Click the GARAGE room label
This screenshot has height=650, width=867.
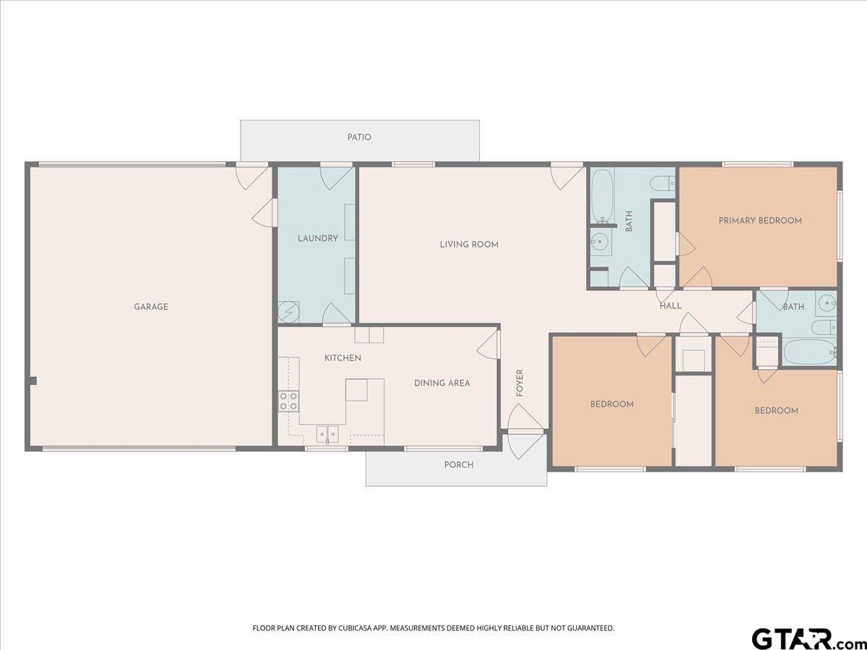tap(151, 307)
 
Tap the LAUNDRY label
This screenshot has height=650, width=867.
tap(318, 238)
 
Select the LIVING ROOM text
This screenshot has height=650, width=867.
tap(469, 244)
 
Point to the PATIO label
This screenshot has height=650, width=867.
tap(359, 137)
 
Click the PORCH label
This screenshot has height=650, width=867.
tap(459, 464)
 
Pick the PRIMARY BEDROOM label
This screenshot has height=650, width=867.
tap(760, 220)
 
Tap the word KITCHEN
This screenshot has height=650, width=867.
tap(343, 358)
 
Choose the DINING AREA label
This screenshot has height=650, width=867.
tap(442, 383)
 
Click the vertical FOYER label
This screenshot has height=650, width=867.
tap(519, 383)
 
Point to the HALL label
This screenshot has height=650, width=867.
tap(670, 305)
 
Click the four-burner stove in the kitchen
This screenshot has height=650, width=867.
tap(288, 402)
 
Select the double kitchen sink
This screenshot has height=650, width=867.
tap(327, 434)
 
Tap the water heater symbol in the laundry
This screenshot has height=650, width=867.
tap(288, 312)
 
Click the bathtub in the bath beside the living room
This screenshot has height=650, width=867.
tap(603, 196)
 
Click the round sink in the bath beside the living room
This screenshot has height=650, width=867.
tap(600, 240)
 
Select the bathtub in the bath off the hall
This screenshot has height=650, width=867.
tap(810, 351)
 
